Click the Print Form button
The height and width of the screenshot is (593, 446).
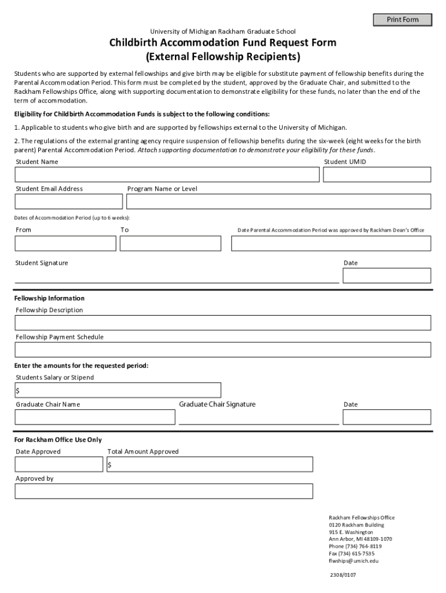coord(403,20)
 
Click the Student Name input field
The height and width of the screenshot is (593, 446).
coord(167,174)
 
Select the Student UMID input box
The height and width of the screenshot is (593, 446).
coord(376,174)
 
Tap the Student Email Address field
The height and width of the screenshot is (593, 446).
coord(68,202)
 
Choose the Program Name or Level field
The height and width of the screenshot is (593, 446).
coord(279,202)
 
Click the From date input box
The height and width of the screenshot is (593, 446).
coord(65,243)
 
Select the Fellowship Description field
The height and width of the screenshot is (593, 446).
coord(223,323)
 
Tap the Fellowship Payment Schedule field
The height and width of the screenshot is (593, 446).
coord(223,350)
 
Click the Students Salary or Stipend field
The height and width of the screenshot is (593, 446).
coord(118,390)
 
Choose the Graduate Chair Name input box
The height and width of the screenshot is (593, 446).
coord(95,417)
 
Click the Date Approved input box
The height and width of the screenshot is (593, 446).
coord(59,464)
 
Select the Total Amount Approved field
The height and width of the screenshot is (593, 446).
coord(210,464)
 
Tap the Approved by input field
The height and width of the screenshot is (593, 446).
coord(164,491)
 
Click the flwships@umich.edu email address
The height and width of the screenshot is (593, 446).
coord(353,561)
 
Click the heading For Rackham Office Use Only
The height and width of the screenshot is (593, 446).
coord(58,440)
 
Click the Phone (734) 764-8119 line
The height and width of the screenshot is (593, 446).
coord(355,546)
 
